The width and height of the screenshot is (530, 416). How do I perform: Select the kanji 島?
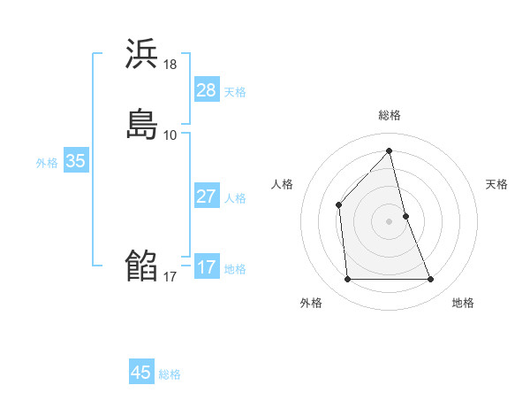(x=141, y=125)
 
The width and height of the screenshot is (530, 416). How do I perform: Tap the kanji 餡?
(x=141, y=266)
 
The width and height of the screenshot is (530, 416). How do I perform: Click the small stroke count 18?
(x=170, y=64)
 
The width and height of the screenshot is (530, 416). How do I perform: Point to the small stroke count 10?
(x=170, y=135)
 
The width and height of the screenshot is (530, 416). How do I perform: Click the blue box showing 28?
(x=207, y=90)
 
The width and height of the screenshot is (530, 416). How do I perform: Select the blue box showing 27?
(x=207, y=196)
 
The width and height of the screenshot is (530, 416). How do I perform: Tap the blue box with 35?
(x=75, y=161)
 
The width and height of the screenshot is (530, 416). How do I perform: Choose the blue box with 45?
(x=141, y=373)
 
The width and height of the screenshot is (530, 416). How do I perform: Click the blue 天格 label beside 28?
(x=235, y=91)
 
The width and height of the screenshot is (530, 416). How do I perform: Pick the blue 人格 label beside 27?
(x=235, y=197)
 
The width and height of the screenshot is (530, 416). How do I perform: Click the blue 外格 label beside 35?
(x=47, y=162)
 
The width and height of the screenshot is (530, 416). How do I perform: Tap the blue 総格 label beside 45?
(x=170, y=374)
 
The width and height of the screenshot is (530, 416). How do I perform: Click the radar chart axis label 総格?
(x=390, y=115)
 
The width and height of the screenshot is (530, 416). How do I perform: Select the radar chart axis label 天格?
(x=496, y=184)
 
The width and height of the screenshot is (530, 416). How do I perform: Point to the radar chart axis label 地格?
(x=463, y=303)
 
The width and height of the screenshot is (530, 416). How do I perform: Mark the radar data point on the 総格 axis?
(x=390, y=151)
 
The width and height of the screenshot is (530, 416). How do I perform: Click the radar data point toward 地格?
(x=431, y=280)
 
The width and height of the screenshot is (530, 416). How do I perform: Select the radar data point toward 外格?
(x=347, y=280)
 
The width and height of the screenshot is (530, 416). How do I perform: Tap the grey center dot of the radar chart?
(x=390, y=220)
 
